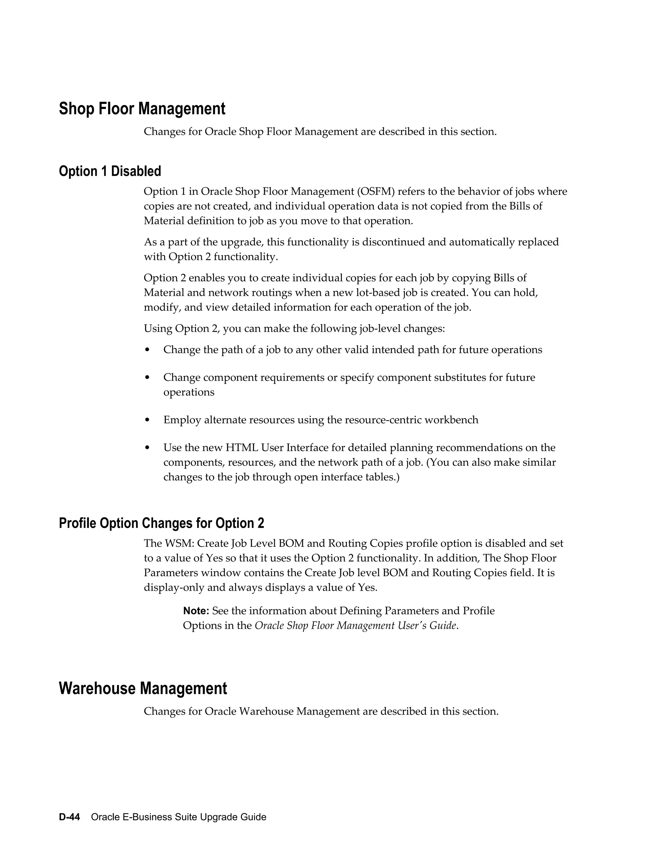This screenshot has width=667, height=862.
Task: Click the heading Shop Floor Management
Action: click(x=142, y=109)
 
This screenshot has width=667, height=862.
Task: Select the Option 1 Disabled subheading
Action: click(x=110, y=171)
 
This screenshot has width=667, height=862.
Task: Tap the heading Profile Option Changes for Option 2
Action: click(x=161, y=523)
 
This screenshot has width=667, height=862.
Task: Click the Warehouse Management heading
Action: click(x=143, y=688)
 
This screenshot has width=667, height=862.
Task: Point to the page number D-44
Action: click(x=70, y=817)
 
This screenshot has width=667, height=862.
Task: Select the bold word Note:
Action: click(x=196, y=611)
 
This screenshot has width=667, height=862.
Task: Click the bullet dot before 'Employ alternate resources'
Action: click(x=148, y=420)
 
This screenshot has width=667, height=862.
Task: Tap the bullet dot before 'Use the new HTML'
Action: click(x=148, y=448)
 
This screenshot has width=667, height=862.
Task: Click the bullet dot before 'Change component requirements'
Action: click(x=148, y=378)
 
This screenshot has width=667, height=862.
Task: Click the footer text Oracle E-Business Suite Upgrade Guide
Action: click(x=178, y=817)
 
